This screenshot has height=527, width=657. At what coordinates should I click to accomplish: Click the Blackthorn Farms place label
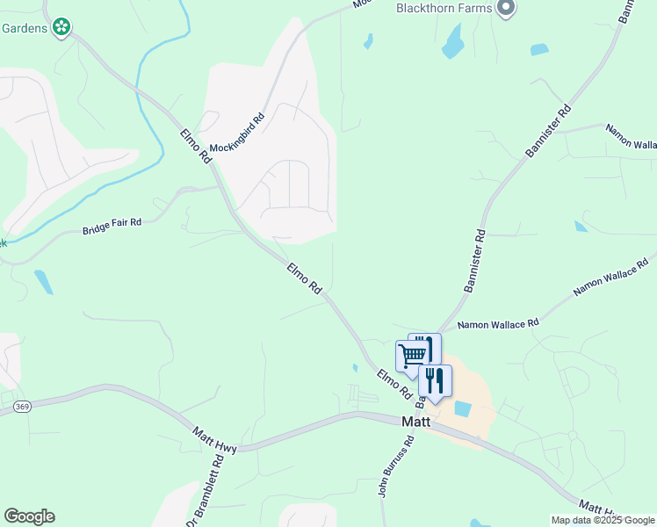(443, 8)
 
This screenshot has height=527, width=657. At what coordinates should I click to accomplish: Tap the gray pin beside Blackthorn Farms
(505, 9)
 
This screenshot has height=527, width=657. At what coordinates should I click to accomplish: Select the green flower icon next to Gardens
(61, 28)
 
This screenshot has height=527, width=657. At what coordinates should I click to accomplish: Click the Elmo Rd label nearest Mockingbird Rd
(195, 146)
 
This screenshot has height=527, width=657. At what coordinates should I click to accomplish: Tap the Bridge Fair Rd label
(112, 227)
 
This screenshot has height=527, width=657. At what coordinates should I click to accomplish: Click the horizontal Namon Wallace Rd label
(498, 325)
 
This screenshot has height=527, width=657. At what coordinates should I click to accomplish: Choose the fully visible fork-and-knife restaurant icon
(435, 380)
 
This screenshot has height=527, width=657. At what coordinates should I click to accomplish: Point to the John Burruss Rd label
(395, 472)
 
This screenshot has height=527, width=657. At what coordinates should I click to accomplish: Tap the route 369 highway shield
(23, 406)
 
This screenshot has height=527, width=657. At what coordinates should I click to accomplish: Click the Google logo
(29, 516)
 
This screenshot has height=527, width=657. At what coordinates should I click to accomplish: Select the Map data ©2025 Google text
(603, 520)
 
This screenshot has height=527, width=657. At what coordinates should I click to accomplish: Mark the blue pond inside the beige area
(462, 408)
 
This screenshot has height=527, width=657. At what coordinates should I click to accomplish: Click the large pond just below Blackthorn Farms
(453, 41)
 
